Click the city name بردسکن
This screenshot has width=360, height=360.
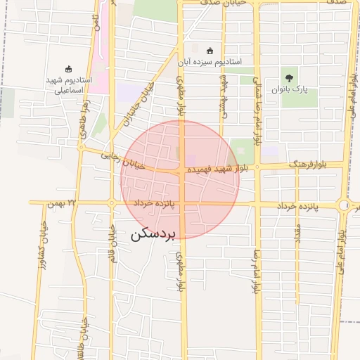coord(156,236)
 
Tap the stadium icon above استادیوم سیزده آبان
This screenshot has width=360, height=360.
coord(210,51)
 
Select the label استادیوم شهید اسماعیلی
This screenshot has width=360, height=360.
coord(65,85)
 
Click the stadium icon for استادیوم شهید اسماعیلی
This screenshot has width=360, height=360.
coord(68,69)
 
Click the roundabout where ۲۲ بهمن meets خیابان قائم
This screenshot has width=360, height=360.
coord(112,203)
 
